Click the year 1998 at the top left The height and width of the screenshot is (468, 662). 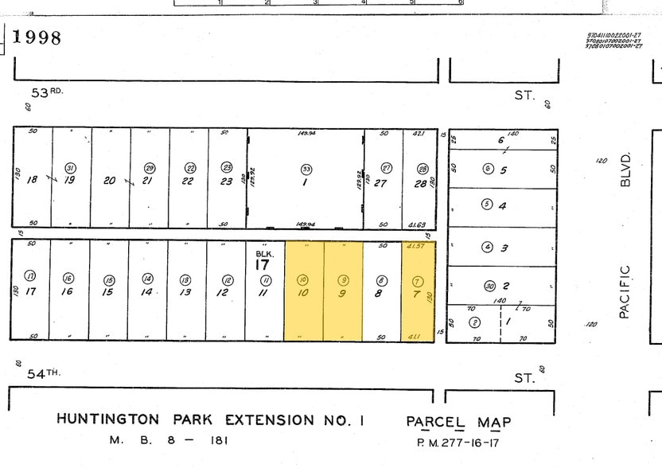37,37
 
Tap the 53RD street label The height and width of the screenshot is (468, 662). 45,92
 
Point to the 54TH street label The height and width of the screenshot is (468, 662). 45,372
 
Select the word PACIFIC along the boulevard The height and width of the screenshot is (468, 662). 625,292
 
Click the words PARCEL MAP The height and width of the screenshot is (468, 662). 458,422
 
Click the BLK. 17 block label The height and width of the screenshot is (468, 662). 263,259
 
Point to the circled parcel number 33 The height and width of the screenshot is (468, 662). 306,169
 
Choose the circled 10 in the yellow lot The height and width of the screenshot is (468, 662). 302,279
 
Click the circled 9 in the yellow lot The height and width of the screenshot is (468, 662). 343,279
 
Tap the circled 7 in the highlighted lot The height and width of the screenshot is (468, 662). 418,280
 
